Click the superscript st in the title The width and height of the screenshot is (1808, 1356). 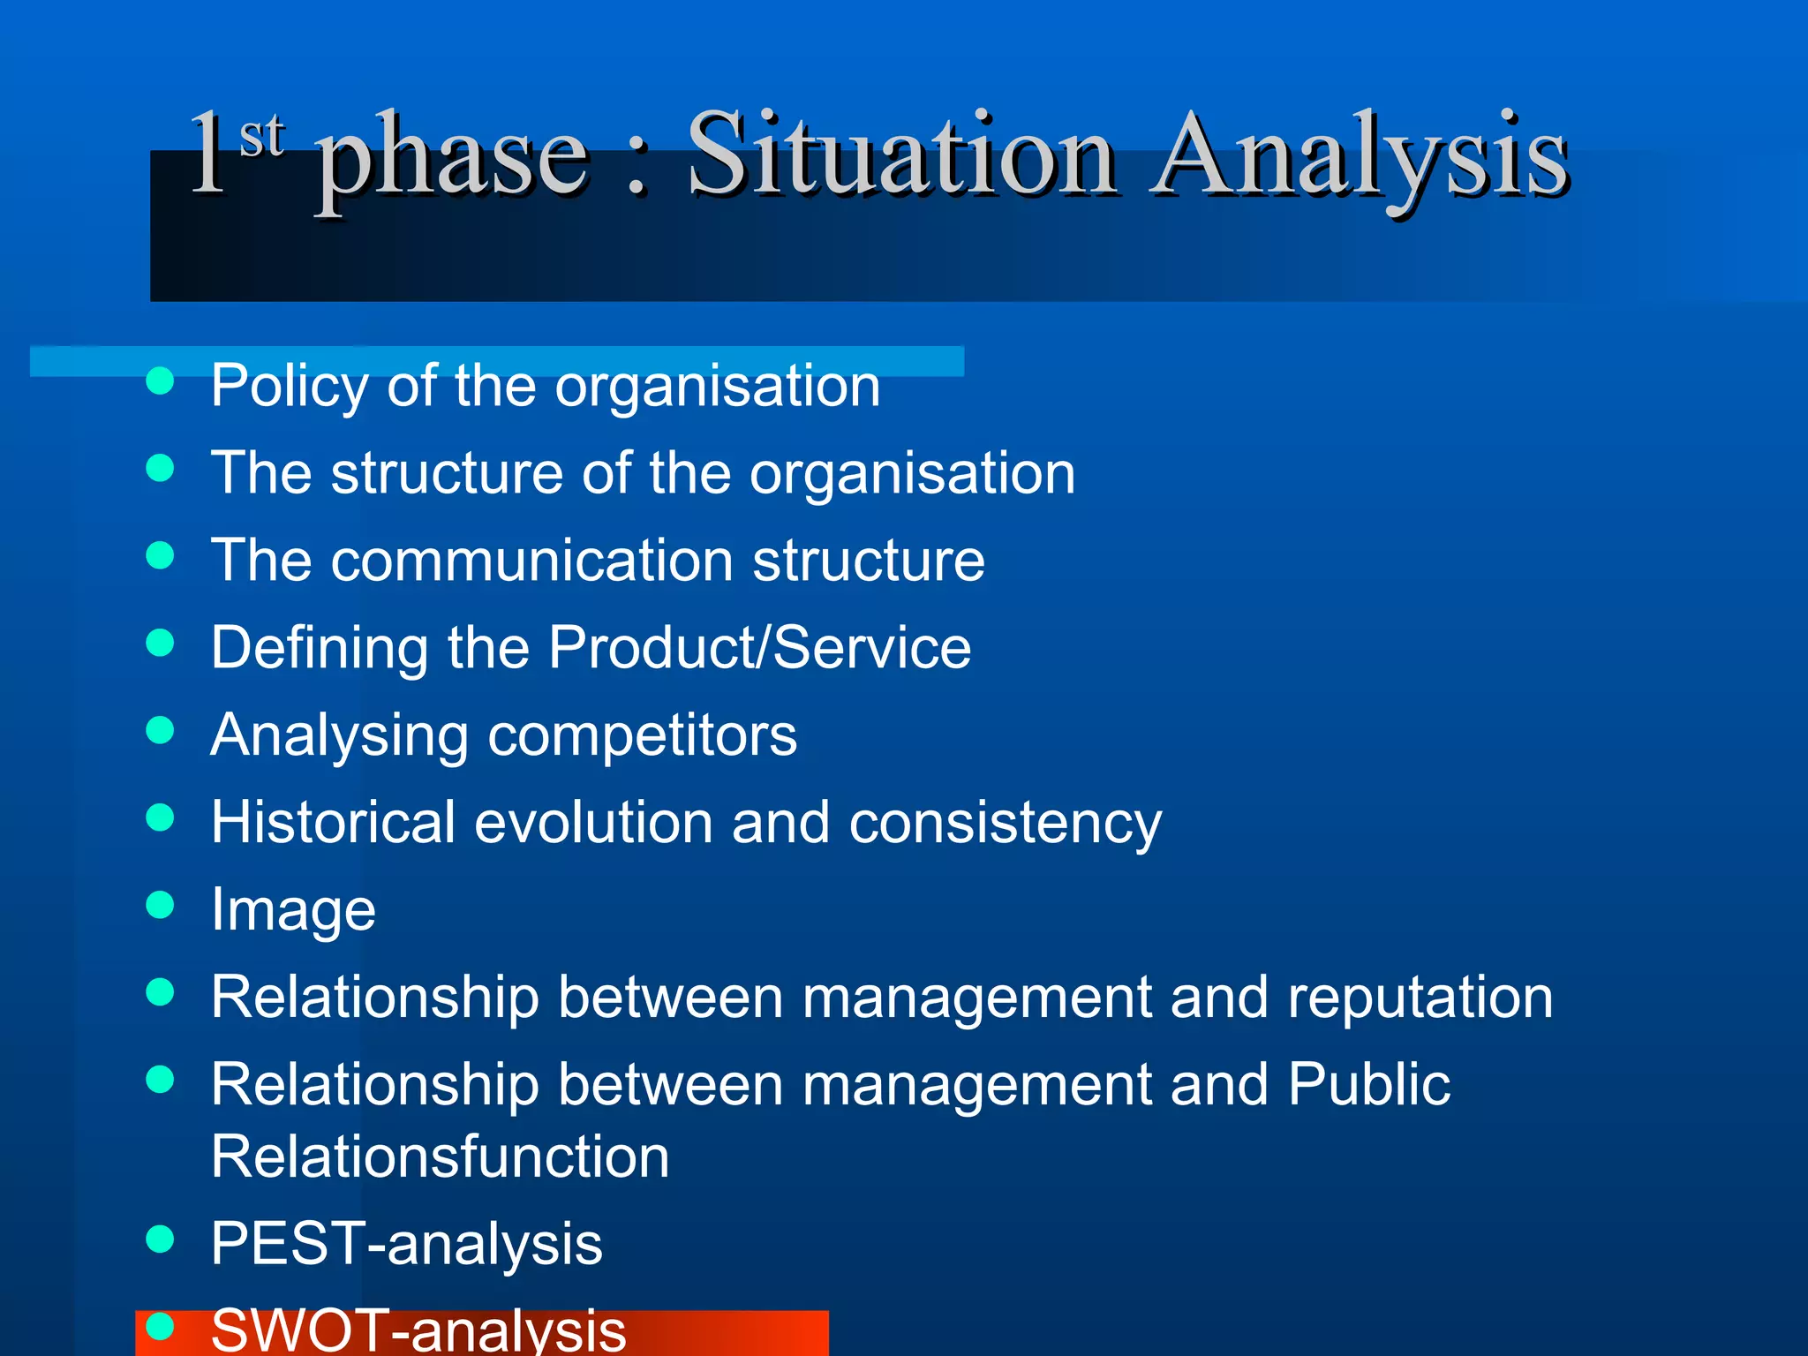[x=262, y=137]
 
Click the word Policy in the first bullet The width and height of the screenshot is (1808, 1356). [x=290, y=387]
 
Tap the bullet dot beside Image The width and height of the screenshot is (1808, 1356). [x=160, y=905]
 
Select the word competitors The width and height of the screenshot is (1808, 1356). [x=642, y=735]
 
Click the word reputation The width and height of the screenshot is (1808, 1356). [x=1420, y=998]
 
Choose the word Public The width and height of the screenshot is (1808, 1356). [x=1368, y=1084]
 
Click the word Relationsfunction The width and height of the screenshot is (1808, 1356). [x=441, y=1156]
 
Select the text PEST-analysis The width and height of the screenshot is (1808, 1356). [x=406, y=1244]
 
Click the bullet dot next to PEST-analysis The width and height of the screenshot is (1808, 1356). [x=160, y=1239]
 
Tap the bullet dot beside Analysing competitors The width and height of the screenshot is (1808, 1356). [x=160, y=730]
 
